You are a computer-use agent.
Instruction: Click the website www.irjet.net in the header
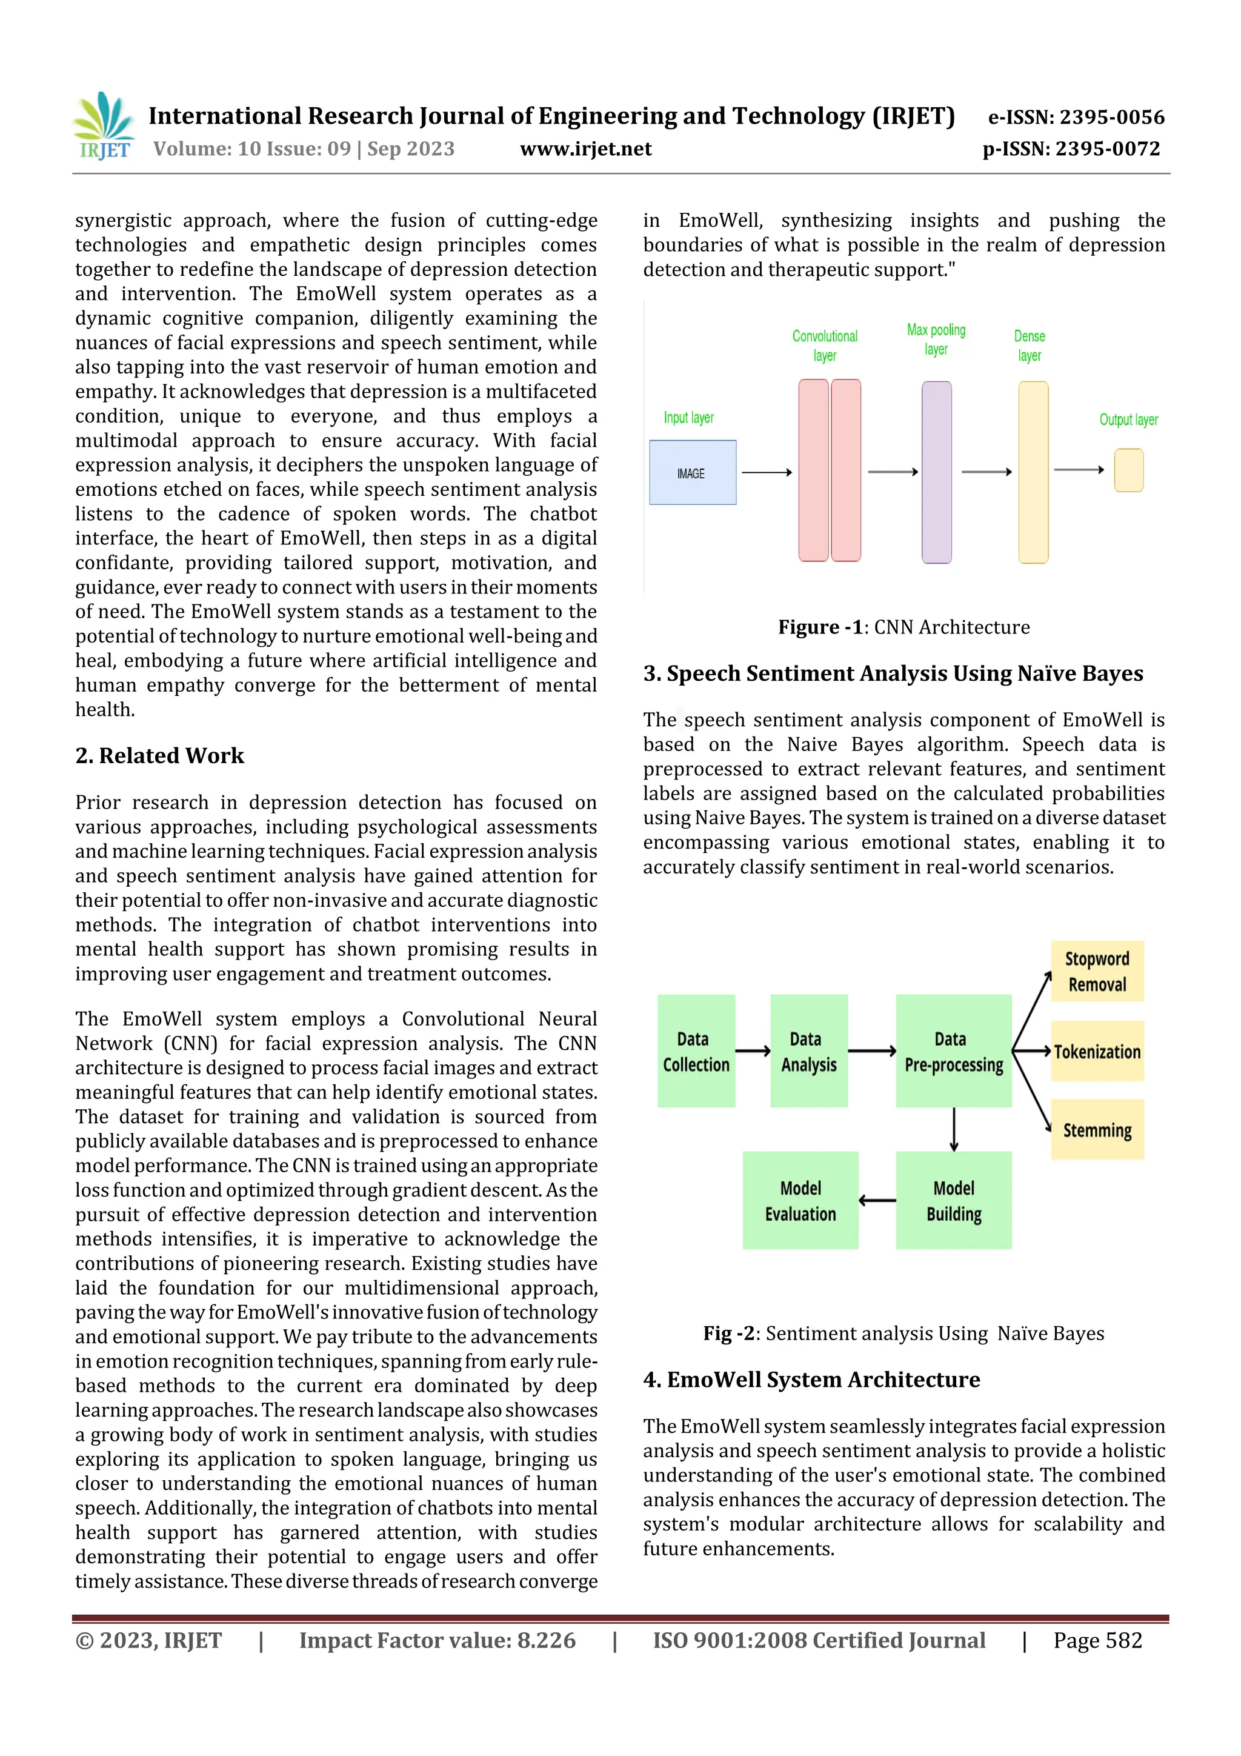click(586, 149)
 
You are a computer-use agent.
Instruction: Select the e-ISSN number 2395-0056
click(1076, 117)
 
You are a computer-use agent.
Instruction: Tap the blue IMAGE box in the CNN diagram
click(692, 473)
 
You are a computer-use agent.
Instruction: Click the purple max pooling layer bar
click(936, 472)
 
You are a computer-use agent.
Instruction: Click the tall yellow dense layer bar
click(1033, 472)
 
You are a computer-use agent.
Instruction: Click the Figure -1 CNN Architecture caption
click(904, 627)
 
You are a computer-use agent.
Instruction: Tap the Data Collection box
click(696, 1051)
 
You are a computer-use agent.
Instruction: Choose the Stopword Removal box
click(1097, 971)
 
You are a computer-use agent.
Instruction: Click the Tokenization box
click(1097, 1052)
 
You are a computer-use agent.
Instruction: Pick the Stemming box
click(1097, 1130)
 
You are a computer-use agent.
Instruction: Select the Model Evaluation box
click(800, 1200)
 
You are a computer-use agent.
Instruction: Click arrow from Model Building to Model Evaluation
click(877, 1200)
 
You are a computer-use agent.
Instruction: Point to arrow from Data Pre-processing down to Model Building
click(954, 1129)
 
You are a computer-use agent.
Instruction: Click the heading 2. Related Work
click(160, 756)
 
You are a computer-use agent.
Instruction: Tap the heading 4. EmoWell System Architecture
click(811, 1379)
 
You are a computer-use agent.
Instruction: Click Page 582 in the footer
click(1097, 1640)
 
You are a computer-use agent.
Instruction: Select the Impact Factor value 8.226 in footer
click(438, 1640)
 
